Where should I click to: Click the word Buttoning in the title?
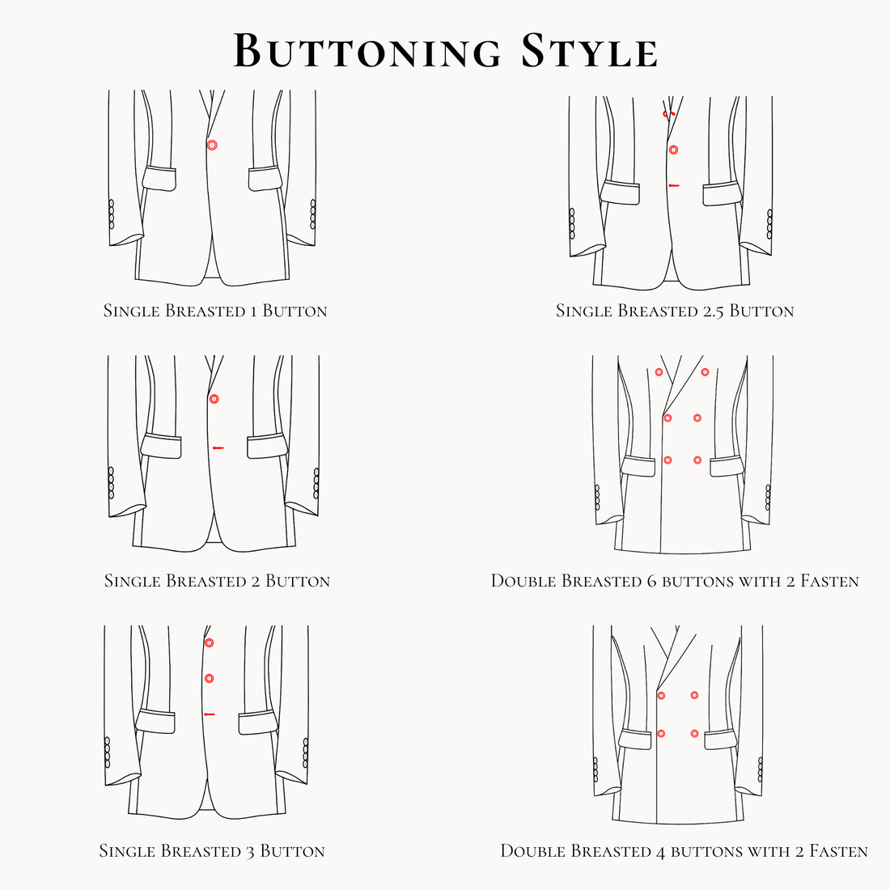368,51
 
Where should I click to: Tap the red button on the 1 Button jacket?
212,145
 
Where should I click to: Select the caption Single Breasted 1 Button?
215,311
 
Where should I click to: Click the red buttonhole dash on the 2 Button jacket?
217,447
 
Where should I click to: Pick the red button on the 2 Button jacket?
214,399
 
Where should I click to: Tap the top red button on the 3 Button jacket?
209,642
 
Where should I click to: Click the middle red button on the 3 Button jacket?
209,678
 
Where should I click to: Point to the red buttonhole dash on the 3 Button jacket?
210,714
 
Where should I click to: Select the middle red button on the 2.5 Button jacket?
673,150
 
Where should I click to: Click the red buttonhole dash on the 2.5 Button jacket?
674,185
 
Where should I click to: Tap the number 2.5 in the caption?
709,311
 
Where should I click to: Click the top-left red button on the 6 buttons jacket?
659,372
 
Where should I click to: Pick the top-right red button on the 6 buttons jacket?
706,372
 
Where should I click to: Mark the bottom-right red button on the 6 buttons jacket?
697,460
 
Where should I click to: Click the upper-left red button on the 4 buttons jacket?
661,695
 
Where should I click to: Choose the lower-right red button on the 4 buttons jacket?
694,733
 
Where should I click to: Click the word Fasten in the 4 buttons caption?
838,851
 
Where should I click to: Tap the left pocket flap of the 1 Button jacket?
159,179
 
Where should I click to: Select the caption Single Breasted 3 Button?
212,851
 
